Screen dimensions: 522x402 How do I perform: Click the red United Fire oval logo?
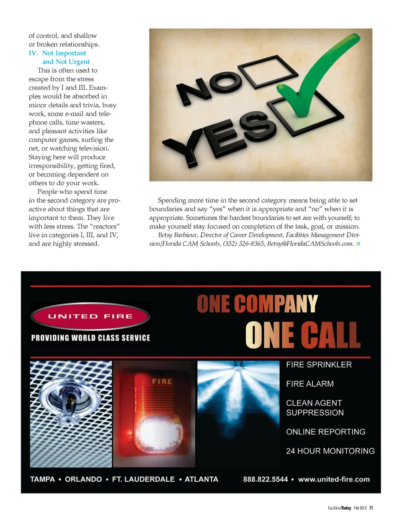90,316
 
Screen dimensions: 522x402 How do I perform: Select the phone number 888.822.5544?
265,479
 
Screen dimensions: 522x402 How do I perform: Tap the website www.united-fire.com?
334,479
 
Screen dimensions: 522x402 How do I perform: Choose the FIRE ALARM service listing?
310,384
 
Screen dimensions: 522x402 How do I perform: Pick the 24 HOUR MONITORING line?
330,451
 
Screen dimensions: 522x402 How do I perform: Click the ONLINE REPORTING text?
325,431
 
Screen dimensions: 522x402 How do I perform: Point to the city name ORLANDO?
83,479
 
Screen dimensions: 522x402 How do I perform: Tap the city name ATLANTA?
201,479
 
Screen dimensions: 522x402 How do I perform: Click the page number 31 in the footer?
371,508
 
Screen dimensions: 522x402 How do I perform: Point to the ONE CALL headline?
302,335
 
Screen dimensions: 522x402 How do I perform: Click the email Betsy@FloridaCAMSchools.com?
310,244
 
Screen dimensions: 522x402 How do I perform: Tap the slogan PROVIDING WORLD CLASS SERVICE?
90,338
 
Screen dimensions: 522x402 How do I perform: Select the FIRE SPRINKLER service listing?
319,364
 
